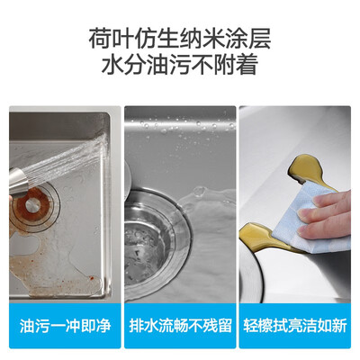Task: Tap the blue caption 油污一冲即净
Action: pos(64,327)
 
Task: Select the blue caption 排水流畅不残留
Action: pos(180,327)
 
